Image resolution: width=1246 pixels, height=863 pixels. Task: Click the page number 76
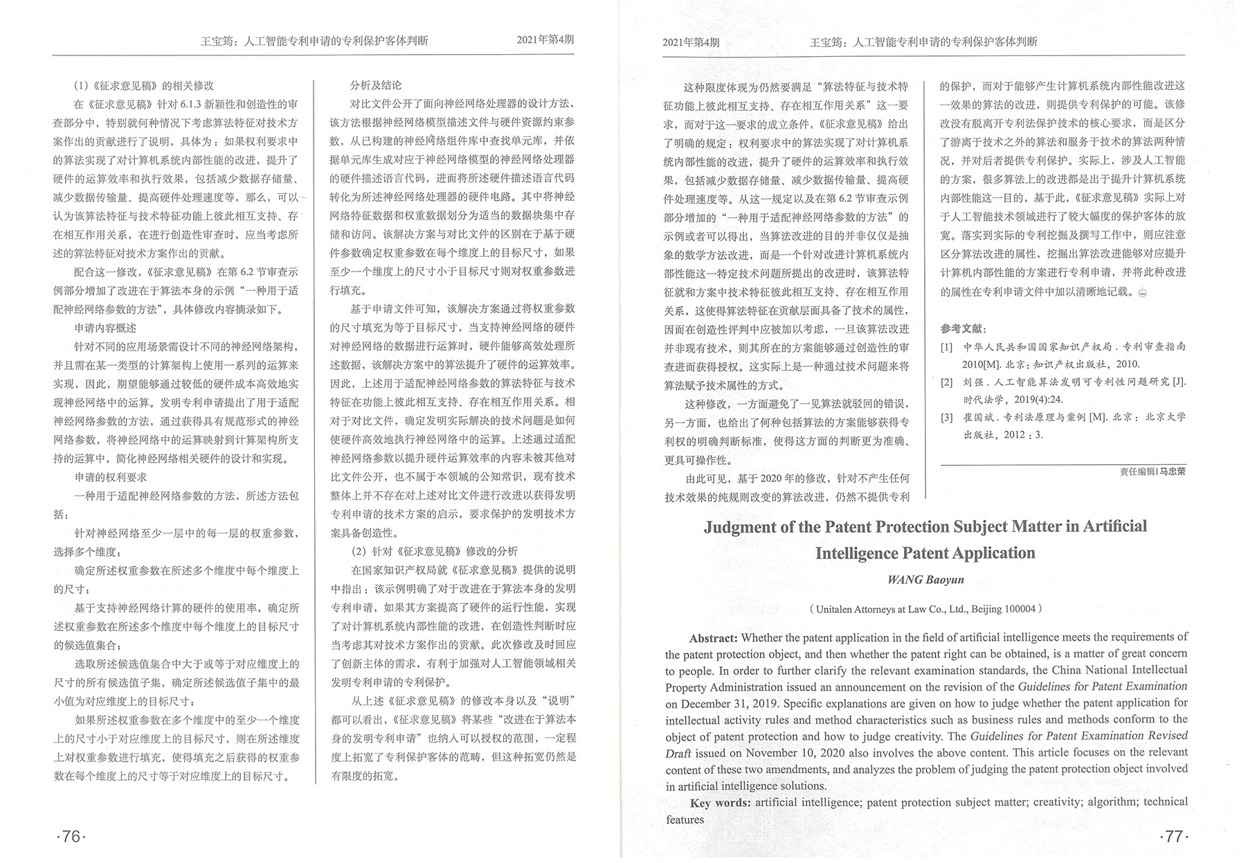[71, 836]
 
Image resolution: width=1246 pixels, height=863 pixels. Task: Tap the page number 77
[1173, 836]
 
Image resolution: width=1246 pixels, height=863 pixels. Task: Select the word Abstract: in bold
[714, 638]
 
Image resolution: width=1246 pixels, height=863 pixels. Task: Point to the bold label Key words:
[720, 803]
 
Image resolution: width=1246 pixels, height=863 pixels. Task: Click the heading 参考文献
[963, 328]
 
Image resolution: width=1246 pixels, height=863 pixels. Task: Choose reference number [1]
[946, 347]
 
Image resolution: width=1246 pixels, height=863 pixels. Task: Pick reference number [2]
[946, 382]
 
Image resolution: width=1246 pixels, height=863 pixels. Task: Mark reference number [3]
[946, 418]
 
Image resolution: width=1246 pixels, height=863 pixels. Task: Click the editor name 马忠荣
[1172, 472]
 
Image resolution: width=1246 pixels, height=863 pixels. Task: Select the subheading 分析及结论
[376, 85]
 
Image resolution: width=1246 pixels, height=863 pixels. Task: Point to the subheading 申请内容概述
[106, 328]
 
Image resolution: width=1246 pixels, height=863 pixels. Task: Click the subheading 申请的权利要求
[111, 477]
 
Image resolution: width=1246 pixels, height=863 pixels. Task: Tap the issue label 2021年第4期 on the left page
[545, 40]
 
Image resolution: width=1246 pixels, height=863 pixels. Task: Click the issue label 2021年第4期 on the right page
[690, 42]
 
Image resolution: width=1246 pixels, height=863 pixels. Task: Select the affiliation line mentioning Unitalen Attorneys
[925, 610]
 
